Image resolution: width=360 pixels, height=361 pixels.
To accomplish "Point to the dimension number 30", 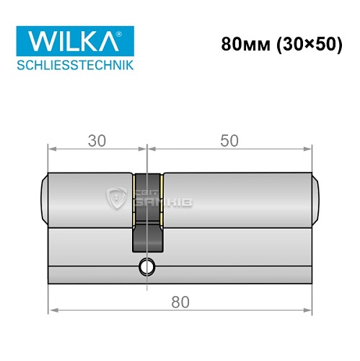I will click(x=98, y=141).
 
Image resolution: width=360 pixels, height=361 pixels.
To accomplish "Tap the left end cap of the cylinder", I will click(x=44, y=196).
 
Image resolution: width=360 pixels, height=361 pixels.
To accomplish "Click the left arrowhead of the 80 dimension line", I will click(x=52, y=313).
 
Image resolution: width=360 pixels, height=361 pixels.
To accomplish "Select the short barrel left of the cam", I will click(x=90, y=196).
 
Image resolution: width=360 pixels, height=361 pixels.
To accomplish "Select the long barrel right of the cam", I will click(x=238, y=196).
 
